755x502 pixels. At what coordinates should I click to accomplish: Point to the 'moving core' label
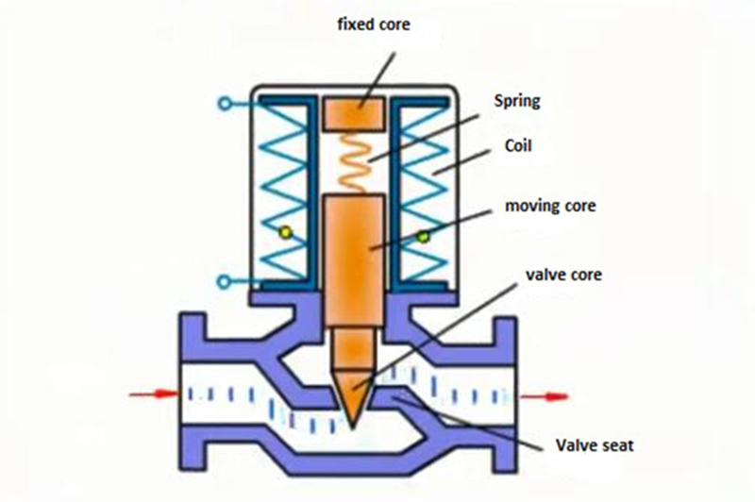click(x=549, y=207)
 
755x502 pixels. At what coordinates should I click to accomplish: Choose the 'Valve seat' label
click(x=594, y=444)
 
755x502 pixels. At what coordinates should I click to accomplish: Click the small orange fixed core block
click(x=352, y=113)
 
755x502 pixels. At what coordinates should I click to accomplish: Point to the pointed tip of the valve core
click(x=352, y=415)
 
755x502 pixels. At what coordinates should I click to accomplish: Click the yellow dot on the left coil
click(x=281, y=230)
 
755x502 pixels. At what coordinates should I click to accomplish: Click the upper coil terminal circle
click(x=225, y=102)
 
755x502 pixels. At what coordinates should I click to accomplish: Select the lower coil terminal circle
click(x=225, y=280)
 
